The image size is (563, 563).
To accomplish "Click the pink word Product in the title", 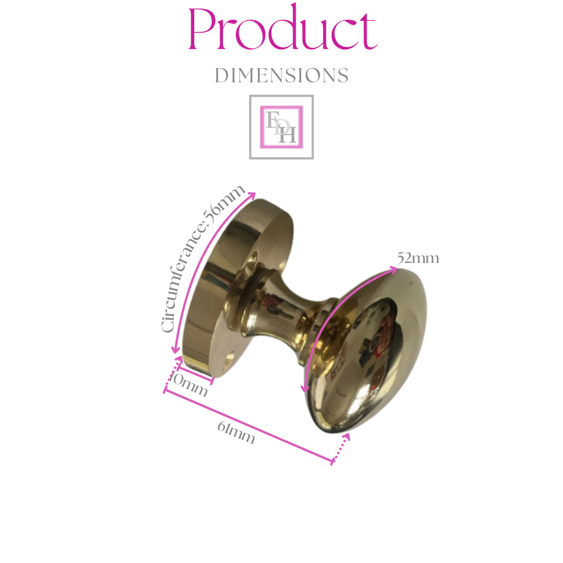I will [x=281, y=29].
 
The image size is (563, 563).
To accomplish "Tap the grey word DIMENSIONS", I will [x=281, y=75].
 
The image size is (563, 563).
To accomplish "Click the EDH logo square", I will [x=281, y=127].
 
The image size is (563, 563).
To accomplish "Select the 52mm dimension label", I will [x=418, y=259].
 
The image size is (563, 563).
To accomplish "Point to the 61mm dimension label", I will [x=236, y=432].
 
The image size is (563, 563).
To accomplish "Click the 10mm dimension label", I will [x=188, y=386].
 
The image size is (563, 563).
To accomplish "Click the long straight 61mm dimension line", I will [x=248, y=427].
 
